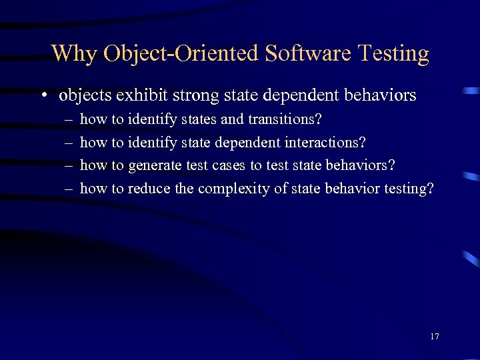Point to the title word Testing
pos(393,53)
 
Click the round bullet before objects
pos(43,96)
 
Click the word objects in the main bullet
pos(85,95)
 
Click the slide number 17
pos(435,336)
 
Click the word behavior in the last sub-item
pos(353,189)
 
